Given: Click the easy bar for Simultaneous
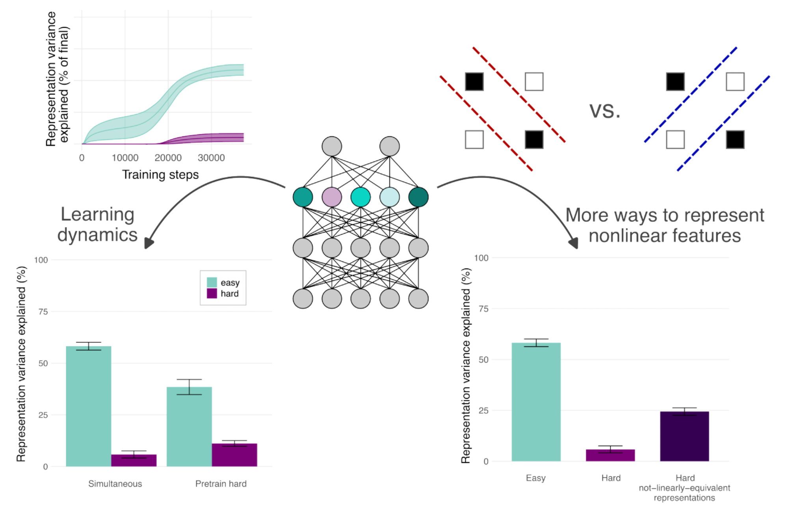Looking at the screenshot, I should click(x=89, y=406).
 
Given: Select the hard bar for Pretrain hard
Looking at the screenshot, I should click(x=234, y=455).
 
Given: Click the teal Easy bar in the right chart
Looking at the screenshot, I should click(x=536, y=402).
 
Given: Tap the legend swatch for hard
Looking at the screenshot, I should click(x=212, y=293).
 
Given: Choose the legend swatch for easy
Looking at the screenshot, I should click(x=212, y=282).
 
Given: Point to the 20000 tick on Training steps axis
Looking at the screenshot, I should click(x=168, y=158).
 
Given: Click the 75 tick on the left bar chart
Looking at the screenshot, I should click(x=43, y=312).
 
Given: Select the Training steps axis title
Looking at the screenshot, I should click(x=160, y=174).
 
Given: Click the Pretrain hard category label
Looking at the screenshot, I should click(x=221, y=484).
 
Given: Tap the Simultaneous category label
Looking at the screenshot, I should click(x=115, y=484).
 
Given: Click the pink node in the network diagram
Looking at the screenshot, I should click(x=332, y=197).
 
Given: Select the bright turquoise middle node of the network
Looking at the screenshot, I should click(x=361, y=197).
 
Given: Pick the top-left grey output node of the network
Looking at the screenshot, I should click(x=332, y=147).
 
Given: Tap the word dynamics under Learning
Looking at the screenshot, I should click(x=97, y=235).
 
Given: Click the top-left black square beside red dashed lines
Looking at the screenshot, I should click(x=474, y=82).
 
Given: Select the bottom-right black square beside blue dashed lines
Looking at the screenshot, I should click(x=735, y=140).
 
